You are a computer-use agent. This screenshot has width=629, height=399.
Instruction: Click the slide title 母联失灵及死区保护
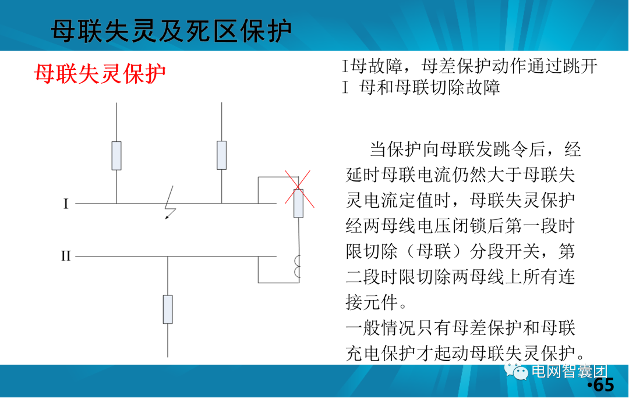pyautogui.click(x=171, y=31)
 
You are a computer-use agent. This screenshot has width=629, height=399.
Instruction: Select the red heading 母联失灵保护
pyautogui.click(x=100, y=74)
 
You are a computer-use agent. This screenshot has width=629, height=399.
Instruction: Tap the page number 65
pyautogui.click(x=603, y=385)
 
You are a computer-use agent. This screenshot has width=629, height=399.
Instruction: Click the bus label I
pyautogui.click(x=66, y=204)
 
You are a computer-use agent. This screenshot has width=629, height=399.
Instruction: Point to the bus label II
pyautogui.click(x=66, y=256)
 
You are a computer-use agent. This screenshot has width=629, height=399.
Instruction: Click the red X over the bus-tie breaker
pyautogui.click(x=298, y=188)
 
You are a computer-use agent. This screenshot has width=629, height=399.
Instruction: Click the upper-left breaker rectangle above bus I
pyautogui.click(x=116, y=155)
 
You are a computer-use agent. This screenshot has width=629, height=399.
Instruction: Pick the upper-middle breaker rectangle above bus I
pyautogui.click(x=221, y=155)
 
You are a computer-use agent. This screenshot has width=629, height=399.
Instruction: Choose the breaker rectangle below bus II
pyautogui.click(x=168, y=309)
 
